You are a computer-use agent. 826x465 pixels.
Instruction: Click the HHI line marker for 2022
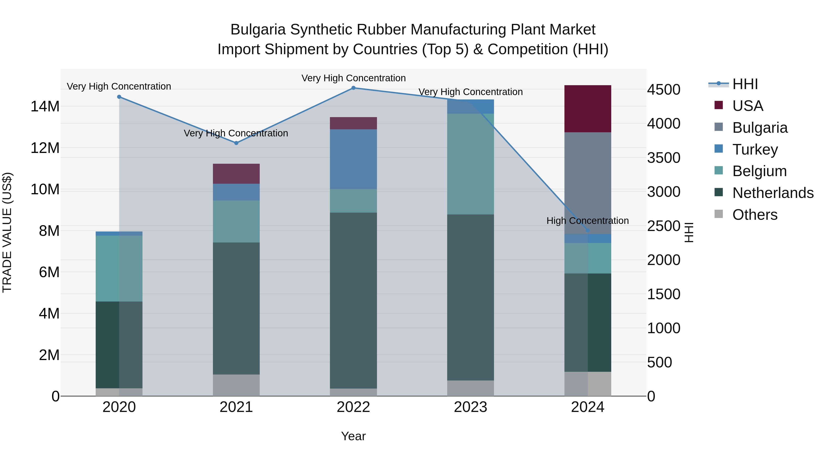pyautogui.click(x=353, y=88)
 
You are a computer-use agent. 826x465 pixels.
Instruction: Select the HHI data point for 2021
pyautogui.click(x=236, y=143)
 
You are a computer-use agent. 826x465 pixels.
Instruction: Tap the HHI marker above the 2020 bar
pyautogui.click(x=119, y=97)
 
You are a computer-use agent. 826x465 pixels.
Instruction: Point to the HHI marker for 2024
pyautogui.click(x=588, y=230)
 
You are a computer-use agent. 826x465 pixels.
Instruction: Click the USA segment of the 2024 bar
pyautogui.click(x=588, y=109)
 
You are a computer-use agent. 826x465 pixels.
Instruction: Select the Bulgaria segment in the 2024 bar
pyautogui.click(x=588, y=183)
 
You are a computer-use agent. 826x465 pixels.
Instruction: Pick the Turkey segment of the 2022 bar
pyautogui.click(x=353, y=159)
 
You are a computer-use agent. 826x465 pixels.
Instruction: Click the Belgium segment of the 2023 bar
pyautogui.click(x=470, y=164)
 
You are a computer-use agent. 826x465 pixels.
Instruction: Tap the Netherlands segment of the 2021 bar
pyautogui.click(x=236, y=308)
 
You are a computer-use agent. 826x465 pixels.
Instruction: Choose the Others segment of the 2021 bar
pyautogui.click(x=236, y=385)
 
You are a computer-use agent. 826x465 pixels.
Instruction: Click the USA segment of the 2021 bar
pyautogui.click(x=236, y=174)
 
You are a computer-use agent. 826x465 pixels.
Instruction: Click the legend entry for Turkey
pyautogui.click(x=755, y=149)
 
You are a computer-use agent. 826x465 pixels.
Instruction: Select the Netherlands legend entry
pyautogui.click(x=773, y=193)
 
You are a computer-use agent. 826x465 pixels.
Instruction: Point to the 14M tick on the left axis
pyautogui.click(x=45, y=107)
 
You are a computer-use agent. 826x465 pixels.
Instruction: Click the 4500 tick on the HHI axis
pyautogui.click(x=663, y=90)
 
